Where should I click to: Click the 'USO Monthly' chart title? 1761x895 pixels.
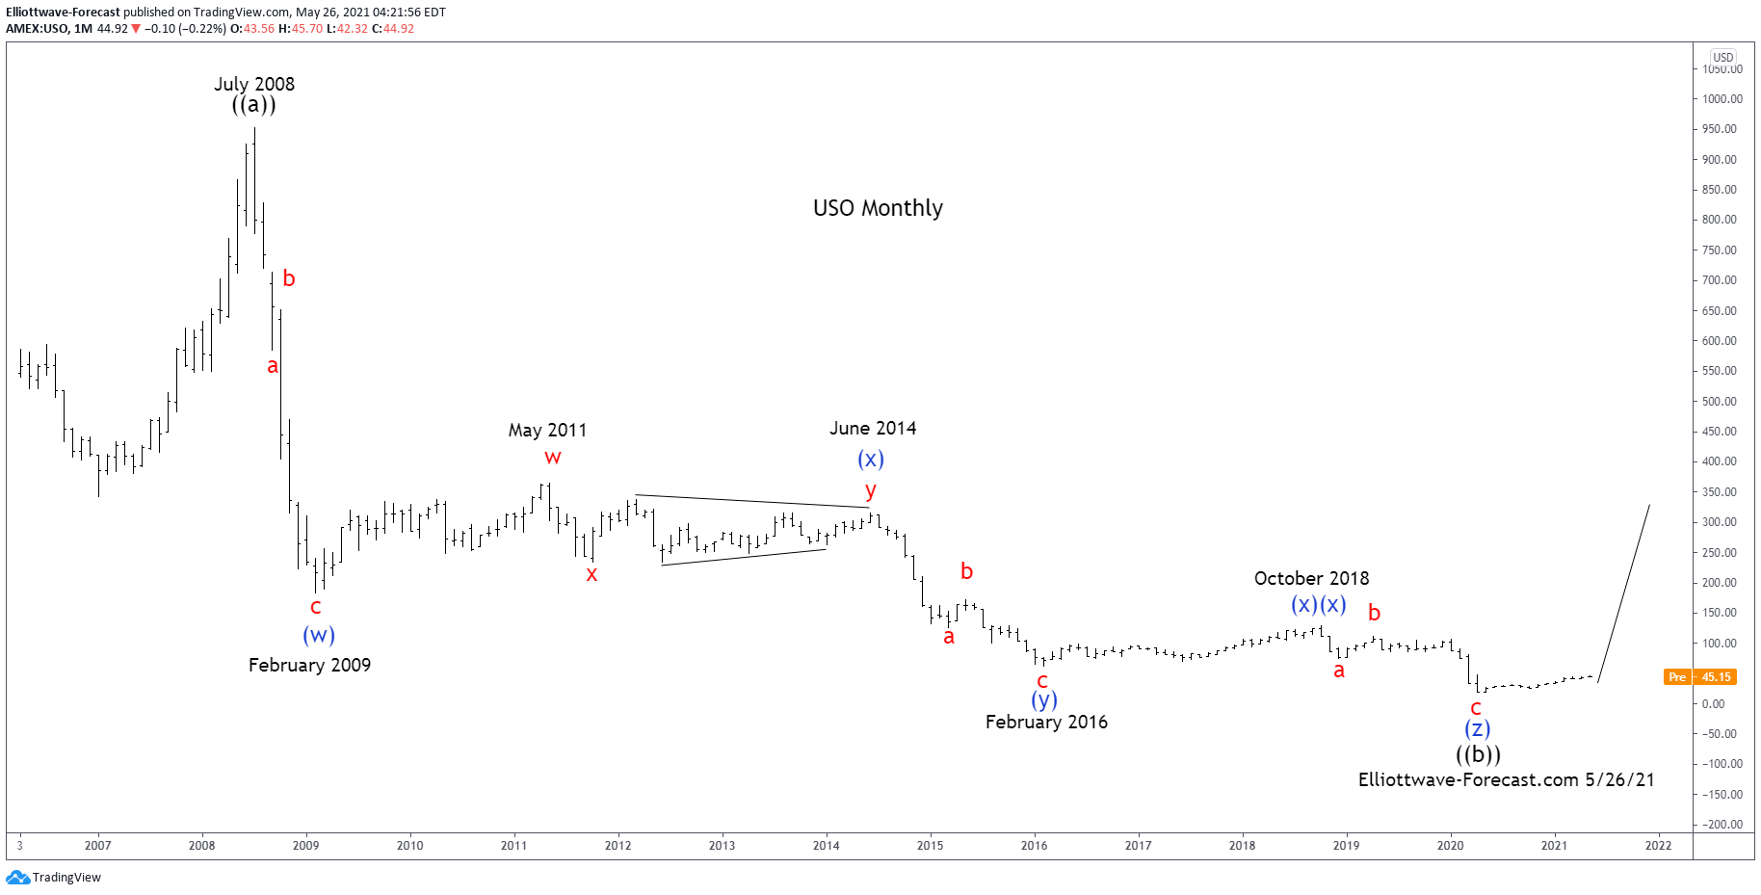coord(878,208)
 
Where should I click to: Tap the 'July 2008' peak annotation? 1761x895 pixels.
coord(254,84)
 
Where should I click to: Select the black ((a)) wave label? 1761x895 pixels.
coord(254,105)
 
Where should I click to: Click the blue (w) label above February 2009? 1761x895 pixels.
coord(319,635)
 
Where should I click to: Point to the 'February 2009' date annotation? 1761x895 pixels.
coord(309,665)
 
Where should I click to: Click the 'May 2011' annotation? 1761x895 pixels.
coord(547,430)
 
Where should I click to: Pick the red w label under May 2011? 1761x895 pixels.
coord(552,458)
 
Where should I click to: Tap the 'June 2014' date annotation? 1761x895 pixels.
coord(873,428)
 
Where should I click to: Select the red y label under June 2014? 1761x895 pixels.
coord(871,491)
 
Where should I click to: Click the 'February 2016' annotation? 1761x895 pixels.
coord(1046,722)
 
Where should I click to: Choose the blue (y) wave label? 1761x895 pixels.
coord(1044,700)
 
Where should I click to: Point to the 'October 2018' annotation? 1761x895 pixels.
coord(1311,578)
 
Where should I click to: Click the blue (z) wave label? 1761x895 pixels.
coord(1478,729)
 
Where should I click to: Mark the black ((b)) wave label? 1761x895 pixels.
coord(1478,754)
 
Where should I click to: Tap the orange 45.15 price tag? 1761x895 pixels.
coord(1716,677)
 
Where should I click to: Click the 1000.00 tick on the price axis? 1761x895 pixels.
coord(1722,98)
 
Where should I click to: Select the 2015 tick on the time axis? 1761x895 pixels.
coord(930,846)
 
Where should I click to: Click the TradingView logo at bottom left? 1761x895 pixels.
coord(54,878)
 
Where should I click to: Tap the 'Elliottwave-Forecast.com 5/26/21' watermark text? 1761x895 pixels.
coord(1506,779)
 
